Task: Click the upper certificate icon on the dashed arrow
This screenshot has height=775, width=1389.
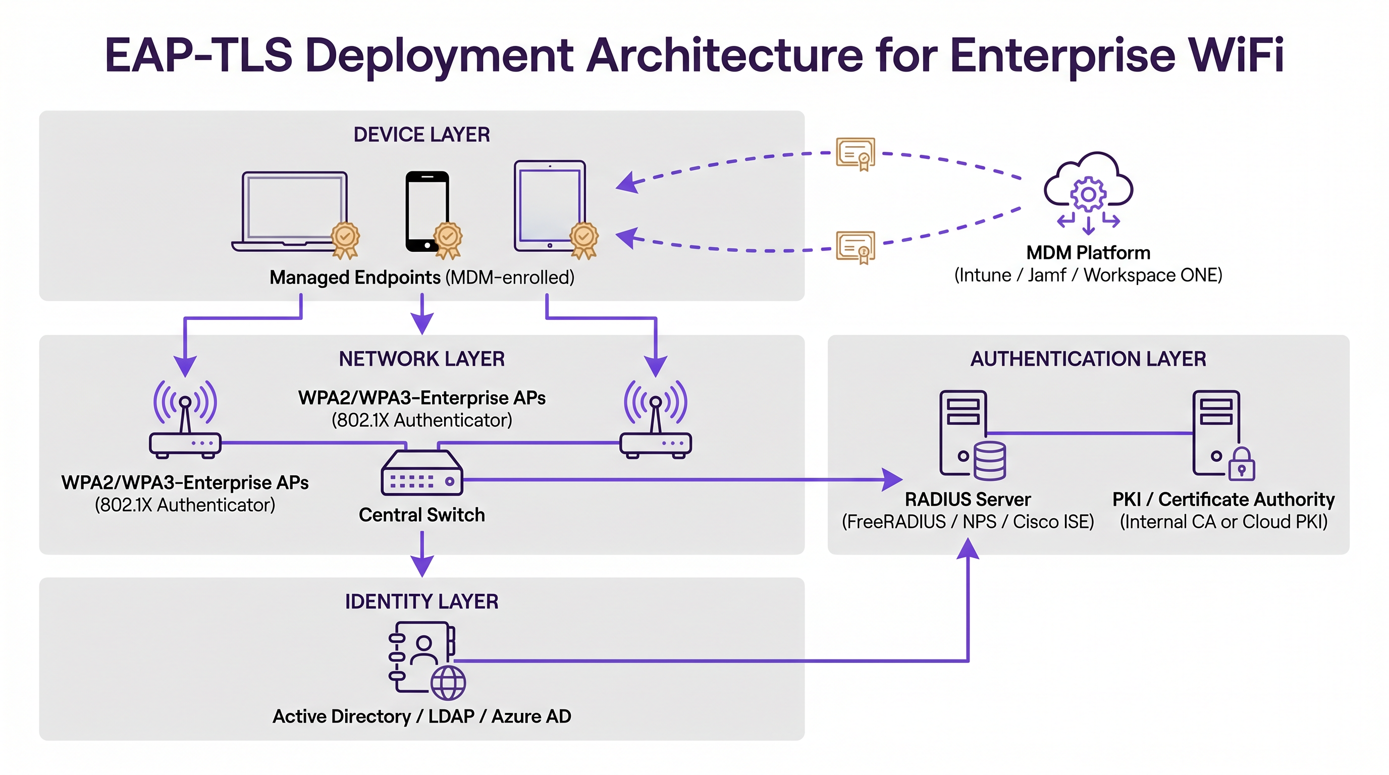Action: (855, 153)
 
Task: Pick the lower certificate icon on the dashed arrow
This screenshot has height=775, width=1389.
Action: (855, 247)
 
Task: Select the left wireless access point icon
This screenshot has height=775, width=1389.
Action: (185, 420)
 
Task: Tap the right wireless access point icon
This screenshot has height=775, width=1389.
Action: (656, 420)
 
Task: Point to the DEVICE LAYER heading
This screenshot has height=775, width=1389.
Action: (421, 135)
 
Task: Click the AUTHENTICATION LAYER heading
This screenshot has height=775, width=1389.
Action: (1088, 359)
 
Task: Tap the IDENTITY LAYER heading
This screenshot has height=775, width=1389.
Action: (421, 601)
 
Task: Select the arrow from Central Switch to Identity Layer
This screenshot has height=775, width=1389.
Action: (421, 555)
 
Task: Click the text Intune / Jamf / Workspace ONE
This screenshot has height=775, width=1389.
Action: (1088, 275)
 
